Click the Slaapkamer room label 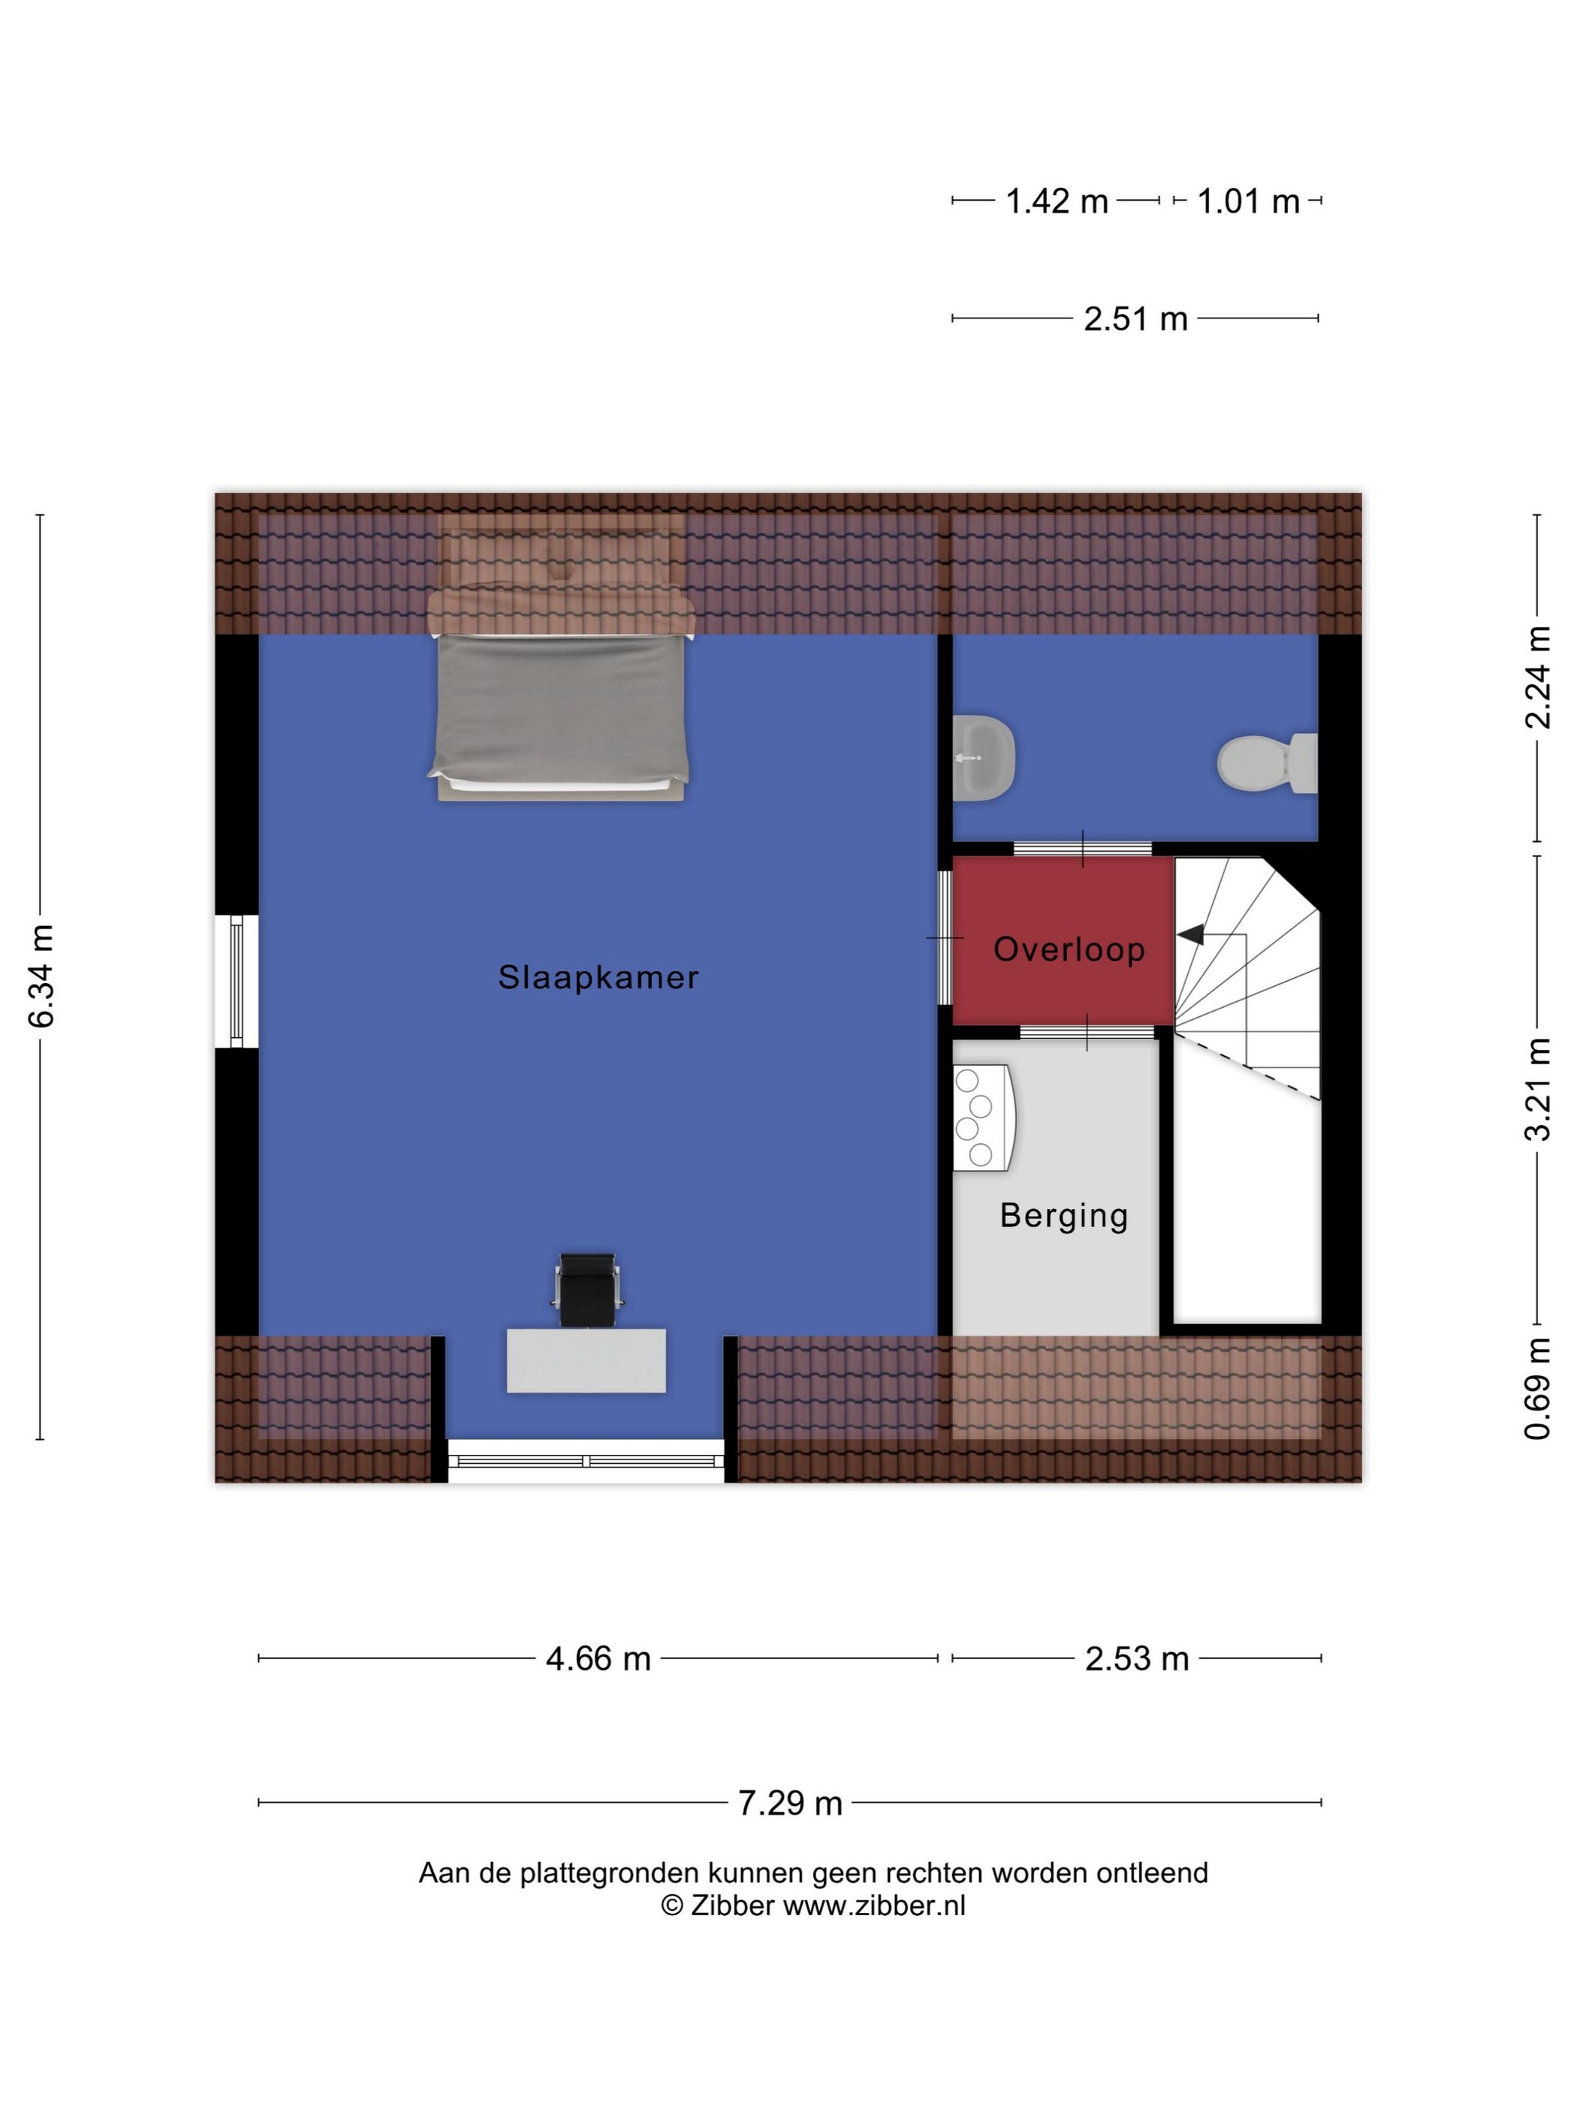click(598, 977)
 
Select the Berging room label click(1063, 1216)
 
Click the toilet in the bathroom click(1267, 762)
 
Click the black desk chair click(586, 1289)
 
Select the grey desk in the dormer click(586, 1360)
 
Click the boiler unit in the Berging click(980, 1117)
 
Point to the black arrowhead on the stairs click(1190, 936)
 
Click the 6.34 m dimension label click(41, 976)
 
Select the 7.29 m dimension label click(790, 1802)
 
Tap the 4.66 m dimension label click(598, 1658)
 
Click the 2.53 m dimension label click(1137, 1658)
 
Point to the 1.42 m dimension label click(1057, 201)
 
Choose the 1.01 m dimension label click(1248, 201)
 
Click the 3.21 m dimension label click(1537, 1088)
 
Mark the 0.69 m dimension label click(1537, 1389)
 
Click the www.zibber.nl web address click(873, 1905)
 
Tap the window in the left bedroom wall click(237, 980)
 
